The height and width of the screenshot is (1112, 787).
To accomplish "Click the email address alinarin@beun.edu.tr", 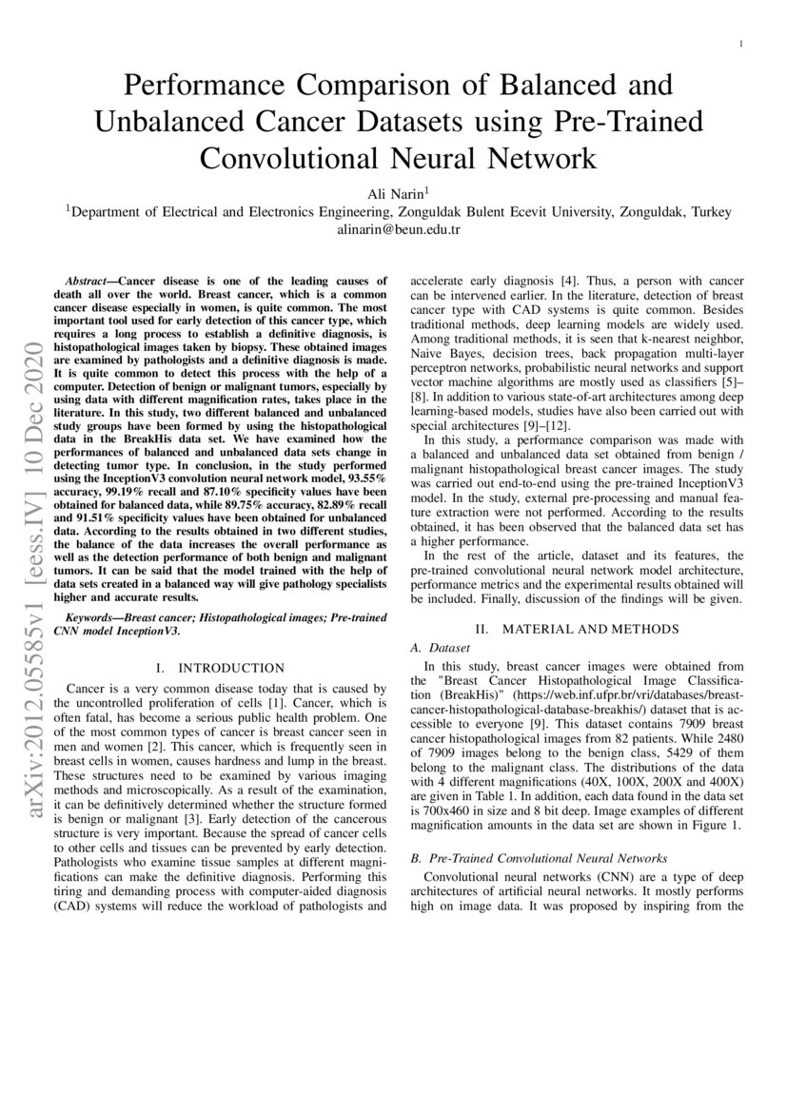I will [x=393, y=229].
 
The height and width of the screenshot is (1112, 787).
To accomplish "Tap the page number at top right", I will [x=740, y=44].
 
